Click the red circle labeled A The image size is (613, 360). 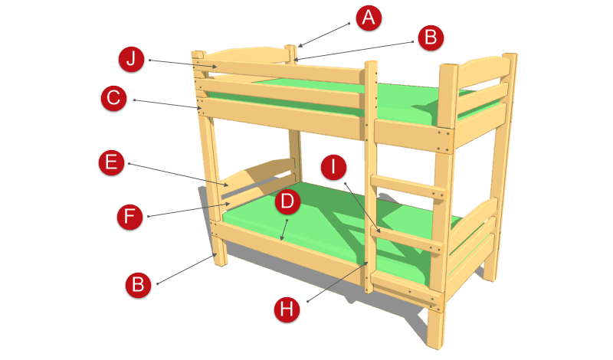pyautogui.click(x=369, y=18)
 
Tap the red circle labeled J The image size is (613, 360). pyautogui.click(x=131, y=59)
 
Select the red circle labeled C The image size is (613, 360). pyautogui.click(x=113, y=98)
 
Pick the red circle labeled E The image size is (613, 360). pyautogui.click(x=111, y=162)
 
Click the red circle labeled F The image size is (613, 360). pyautogui.click(x=129, y=216)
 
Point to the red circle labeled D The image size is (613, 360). pyautogui.click(x=287, y=201)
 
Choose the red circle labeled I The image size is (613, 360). pyautogui.click(x=333, y=167)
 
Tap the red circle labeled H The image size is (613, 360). pyautogui.click(x=287, y=309)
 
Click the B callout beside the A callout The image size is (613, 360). pyautogui.click(x=431, y=38)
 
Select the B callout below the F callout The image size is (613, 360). pyautogui.click(x=138, y=285)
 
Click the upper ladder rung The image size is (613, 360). pyautogui.click(x=408, y=188)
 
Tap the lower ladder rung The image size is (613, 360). pyautogui.click(x=407, y=238)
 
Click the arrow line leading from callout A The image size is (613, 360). pyautogui.click(x=323, y=35)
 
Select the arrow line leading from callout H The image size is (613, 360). pyautogui.click(x=337, y=282)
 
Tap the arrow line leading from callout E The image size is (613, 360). pyautogui.click(x=179, y=175)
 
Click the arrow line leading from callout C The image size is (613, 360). pyautogui.click(x=168, y=104)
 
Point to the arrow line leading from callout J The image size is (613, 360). pyautogui.click(x=183, y=64)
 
